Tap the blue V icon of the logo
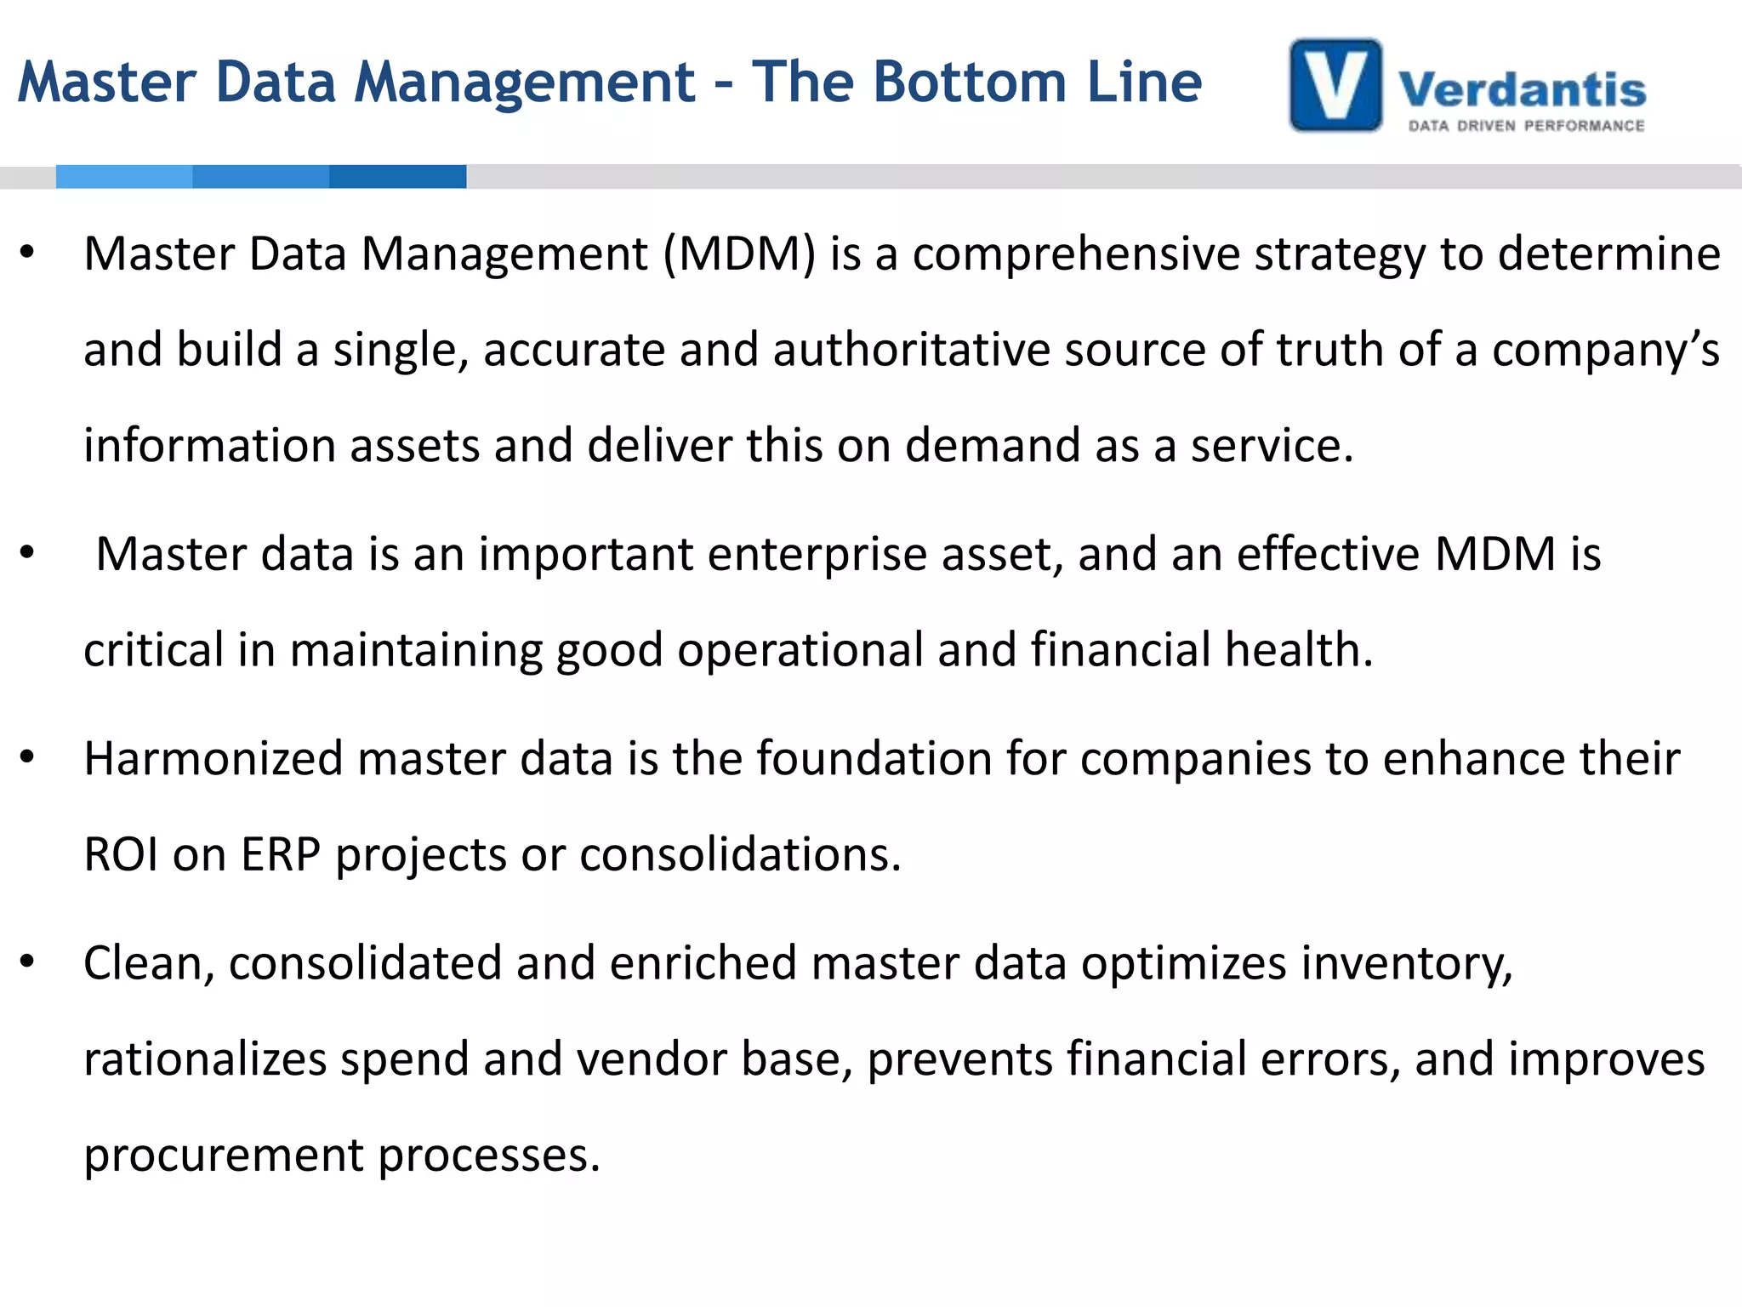1335,85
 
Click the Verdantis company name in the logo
1522,89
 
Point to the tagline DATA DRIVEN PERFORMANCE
1526,126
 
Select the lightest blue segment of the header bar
124,176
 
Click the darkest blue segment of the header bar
397,176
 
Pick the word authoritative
911,350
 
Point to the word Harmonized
213,758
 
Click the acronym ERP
281,854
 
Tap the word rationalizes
205,1059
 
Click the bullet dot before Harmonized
27,757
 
